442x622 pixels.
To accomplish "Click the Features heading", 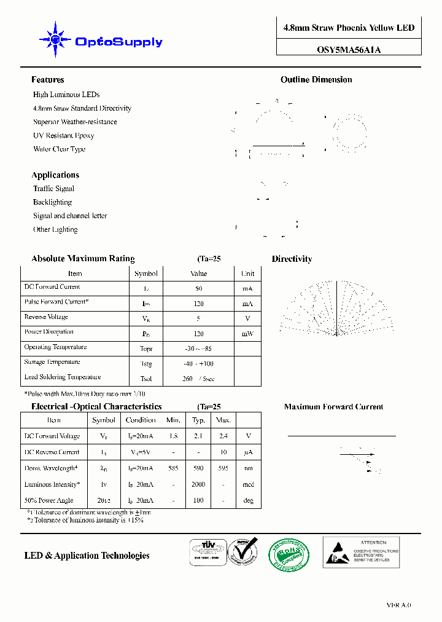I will (47, 80).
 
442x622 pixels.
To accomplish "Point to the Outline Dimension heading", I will (316, 80).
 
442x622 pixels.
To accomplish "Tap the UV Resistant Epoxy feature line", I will (63, 136).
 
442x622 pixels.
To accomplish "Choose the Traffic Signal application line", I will (53, 189).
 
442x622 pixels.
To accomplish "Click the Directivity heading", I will (292, 259).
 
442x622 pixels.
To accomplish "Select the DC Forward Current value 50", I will (198, 288).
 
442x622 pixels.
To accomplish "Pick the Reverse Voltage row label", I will (46, 317).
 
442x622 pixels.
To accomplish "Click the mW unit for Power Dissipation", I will (247, 334).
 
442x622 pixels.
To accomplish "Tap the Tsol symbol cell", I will (145, 379).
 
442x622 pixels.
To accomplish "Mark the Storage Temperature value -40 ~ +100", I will (198, 364).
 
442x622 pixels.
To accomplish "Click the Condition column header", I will (141, 420).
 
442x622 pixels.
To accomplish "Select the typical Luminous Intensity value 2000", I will (198, 485).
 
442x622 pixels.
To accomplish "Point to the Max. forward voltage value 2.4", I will (223, 436).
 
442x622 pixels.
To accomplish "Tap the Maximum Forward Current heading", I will (333, 407).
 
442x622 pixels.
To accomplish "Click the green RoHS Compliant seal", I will (290, 553).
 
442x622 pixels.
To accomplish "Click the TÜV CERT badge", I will (206, 552).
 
